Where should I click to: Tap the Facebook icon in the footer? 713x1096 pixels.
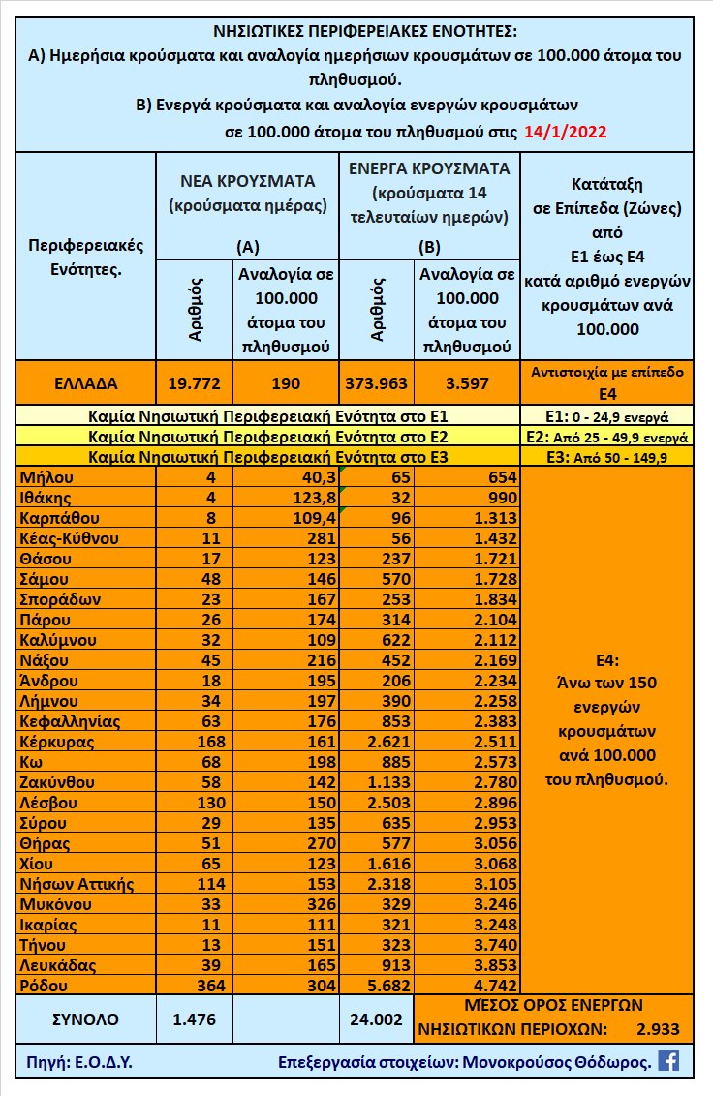click(668, 1060)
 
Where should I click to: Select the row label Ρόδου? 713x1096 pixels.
click(44, 985)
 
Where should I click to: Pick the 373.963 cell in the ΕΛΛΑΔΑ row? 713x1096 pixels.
click(377, 383)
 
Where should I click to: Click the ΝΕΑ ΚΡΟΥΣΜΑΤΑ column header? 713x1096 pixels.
click(248, 181)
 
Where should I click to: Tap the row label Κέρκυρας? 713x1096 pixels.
click(56, 742)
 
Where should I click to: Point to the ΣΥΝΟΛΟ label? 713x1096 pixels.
click(85, 1019)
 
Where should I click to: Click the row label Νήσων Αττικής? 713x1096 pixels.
click(76, 883)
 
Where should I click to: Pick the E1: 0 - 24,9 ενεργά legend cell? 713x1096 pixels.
click(606, 417)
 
